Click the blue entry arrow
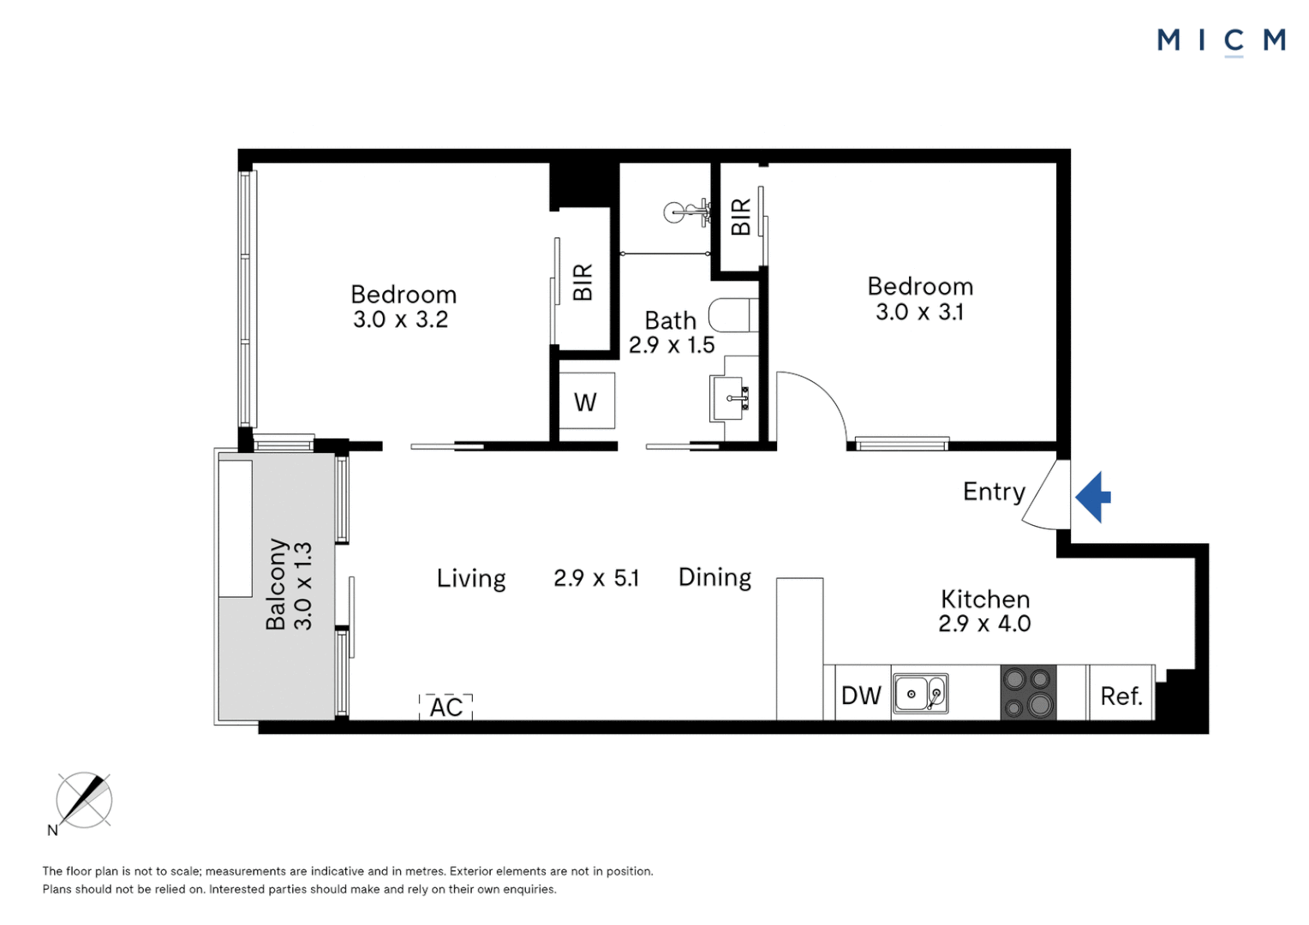coord(1092,497)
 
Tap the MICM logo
coord(1221,40)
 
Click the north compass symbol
coord(83,801)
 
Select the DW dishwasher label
coord(861,695)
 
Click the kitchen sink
coord(921,694)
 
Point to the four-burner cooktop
coord(1028,692)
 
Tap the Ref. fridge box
coord(1121,695)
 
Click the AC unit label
coord(445,707)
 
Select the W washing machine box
coord(586,402)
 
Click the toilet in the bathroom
coord(732,315)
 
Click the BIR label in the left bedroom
coord(583,282)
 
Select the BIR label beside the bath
coord(741,217)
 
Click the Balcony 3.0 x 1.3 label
coord(289,585)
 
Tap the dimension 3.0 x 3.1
coord(919,313)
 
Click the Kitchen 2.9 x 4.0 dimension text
coord(984,624)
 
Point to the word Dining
coord(714,577)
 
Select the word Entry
coord(994,492)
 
